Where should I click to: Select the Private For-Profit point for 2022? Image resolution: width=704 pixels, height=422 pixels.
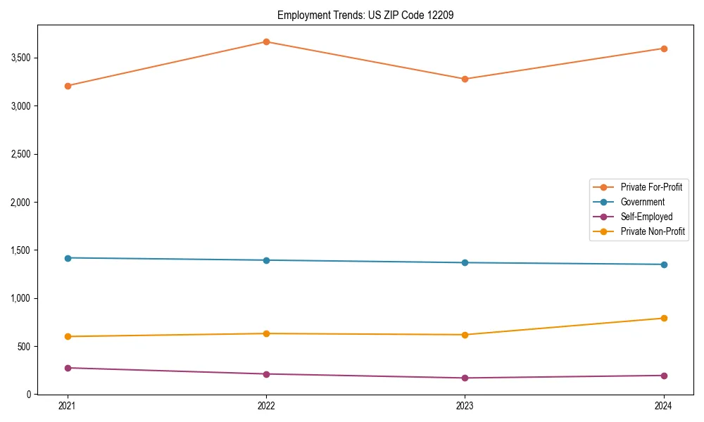[266, 41]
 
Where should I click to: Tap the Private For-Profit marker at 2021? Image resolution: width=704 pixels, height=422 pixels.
[68, 86]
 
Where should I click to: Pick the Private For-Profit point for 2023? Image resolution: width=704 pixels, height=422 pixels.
[465, 79]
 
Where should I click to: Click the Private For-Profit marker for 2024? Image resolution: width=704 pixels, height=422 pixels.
[664, 49]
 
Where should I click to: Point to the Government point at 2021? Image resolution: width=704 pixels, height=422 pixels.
[68, 258]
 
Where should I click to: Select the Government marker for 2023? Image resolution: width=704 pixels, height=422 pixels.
[465, 262]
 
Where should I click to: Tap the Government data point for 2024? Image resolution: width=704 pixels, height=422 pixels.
[664, 264]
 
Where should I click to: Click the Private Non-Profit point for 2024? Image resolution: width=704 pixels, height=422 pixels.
[664, 318]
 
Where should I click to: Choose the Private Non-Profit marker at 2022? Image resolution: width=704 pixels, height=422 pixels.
[266, 333]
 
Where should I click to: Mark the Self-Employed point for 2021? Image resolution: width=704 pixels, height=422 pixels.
[68, 368]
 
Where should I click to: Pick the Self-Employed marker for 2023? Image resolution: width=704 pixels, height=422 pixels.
[465, 378]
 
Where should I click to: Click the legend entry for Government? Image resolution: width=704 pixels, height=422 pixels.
[642, 202]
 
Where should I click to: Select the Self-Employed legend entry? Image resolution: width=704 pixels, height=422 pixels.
[646, 217]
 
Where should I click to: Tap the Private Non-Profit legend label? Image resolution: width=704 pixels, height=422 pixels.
[653, 231]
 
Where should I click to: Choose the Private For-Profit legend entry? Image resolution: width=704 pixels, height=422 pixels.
[651, 187]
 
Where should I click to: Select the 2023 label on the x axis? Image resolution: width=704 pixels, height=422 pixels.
[465, 406]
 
